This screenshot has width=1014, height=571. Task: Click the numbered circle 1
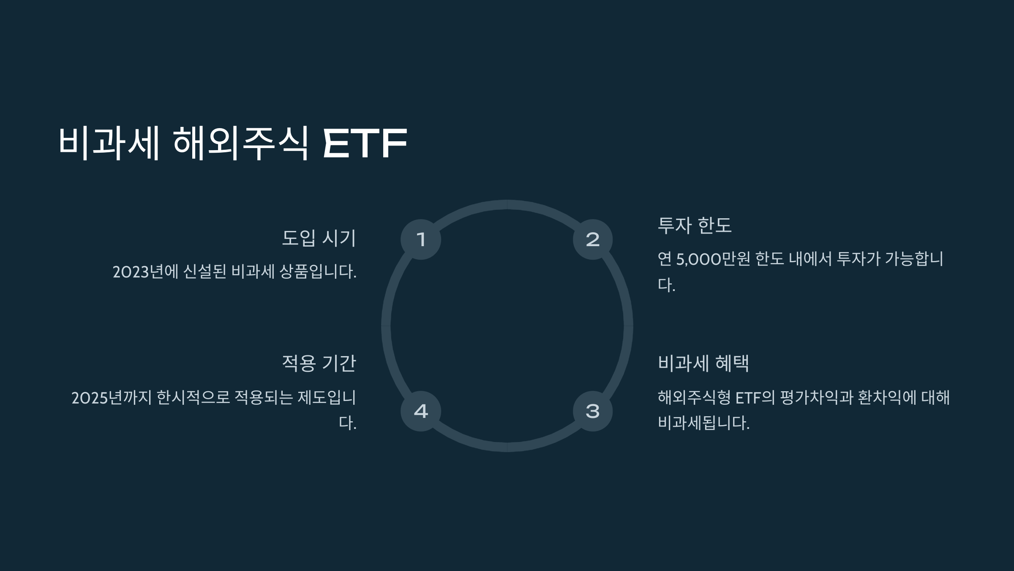(x=420, y=239)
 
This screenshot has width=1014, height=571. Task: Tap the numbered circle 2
(x=593, y=239)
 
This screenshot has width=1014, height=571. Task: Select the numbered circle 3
(x=593, y=411)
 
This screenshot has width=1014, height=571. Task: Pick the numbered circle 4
(x=420, y=411)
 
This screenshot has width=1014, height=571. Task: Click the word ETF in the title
(x=364, y=143)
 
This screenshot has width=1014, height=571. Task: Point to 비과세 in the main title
(x=109, y=143)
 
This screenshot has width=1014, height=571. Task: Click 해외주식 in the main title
(x=241, y=143)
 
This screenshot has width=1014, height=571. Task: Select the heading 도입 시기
(x=319, y=238)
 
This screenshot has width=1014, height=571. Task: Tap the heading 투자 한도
(x=695, y=225)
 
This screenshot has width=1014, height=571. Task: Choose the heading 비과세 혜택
(x=703, y=363)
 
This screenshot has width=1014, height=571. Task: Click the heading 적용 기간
(x=319, y=363)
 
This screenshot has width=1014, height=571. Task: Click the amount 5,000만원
(x=713, y=259)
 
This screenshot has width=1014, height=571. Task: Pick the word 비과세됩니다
(x=703, y=423)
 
